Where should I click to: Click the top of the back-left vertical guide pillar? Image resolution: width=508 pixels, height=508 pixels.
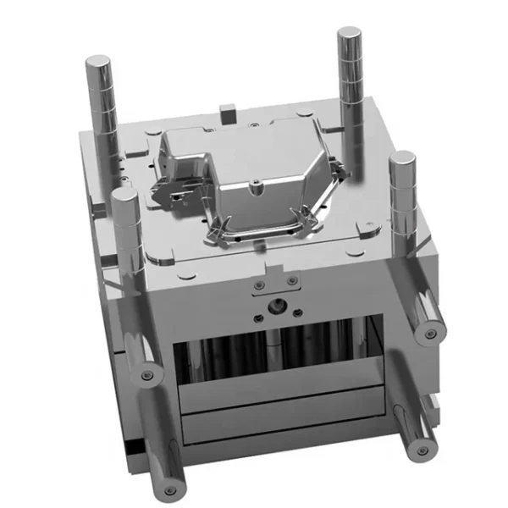tap(98, 62)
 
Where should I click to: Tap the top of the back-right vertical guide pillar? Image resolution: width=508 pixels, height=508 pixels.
tap(349, 35)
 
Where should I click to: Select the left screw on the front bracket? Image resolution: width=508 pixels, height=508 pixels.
tap(259, 284)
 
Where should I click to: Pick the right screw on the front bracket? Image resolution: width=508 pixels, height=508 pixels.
tap(292, 280)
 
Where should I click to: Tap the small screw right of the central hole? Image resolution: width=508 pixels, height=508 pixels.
tap(299, 311)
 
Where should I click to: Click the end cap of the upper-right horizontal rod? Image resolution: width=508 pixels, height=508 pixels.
tap(431, 332)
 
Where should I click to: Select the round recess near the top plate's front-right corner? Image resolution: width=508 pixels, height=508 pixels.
tap(368, 226)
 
